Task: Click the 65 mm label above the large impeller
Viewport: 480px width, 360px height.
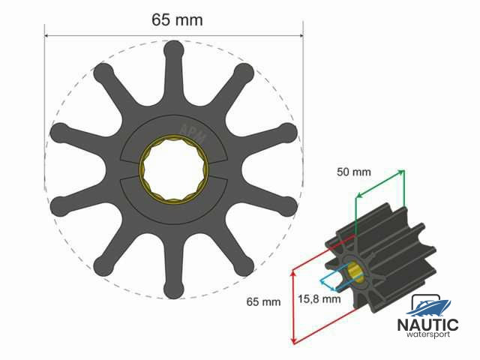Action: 177,20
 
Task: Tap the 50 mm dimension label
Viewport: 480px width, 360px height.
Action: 354,172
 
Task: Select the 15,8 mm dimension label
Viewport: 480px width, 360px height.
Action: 319,299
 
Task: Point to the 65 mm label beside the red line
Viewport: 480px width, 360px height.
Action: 263,301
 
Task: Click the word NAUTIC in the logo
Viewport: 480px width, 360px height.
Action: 428,325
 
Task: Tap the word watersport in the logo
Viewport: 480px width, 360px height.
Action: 428,334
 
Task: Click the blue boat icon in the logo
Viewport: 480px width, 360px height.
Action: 428,307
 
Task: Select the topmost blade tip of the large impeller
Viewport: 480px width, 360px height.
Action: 174,49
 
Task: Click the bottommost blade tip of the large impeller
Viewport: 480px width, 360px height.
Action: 173,290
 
